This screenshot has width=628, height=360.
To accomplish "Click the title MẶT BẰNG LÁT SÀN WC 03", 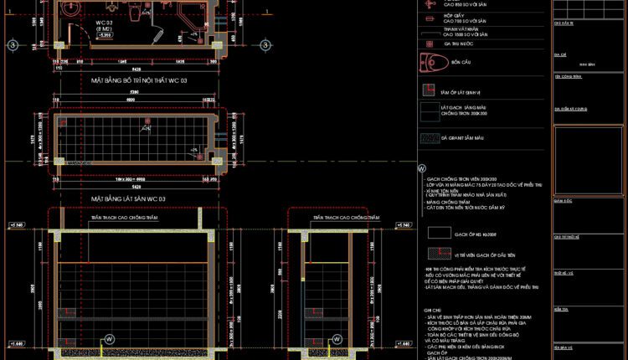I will (128, 198).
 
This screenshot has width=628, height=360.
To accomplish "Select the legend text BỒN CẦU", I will (462, 63).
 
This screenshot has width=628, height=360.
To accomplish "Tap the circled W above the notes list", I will (420, 168).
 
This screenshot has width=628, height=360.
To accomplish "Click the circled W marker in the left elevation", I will (107, 339).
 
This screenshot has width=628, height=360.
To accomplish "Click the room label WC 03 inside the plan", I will (105, 23).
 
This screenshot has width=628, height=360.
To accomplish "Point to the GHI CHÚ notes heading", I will (432, 309).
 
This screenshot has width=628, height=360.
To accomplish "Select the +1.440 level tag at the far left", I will (16, 343).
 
